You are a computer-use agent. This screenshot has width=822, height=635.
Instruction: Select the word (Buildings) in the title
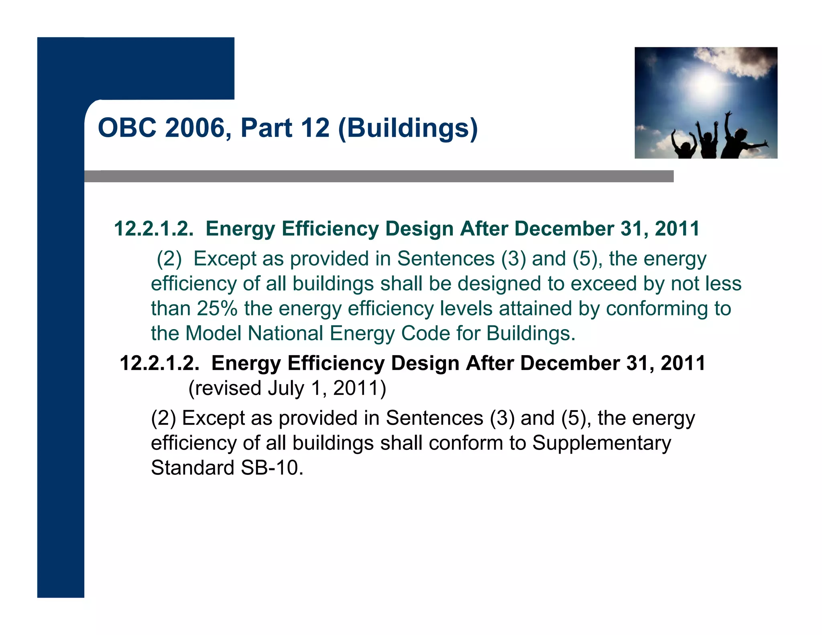[408, 128]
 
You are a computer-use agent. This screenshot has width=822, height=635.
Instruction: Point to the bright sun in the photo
[705, 84]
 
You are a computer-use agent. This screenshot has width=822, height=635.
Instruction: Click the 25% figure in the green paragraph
[217, 309]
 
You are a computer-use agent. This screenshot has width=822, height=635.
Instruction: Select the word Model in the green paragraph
[213, 334]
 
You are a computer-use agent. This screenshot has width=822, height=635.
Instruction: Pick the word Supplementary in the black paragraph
[601, 443]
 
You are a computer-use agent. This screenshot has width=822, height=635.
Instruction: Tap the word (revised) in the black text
[224, 388]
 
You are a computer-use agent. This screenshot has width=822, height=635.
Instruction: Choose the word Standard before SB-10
[192, 468]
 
